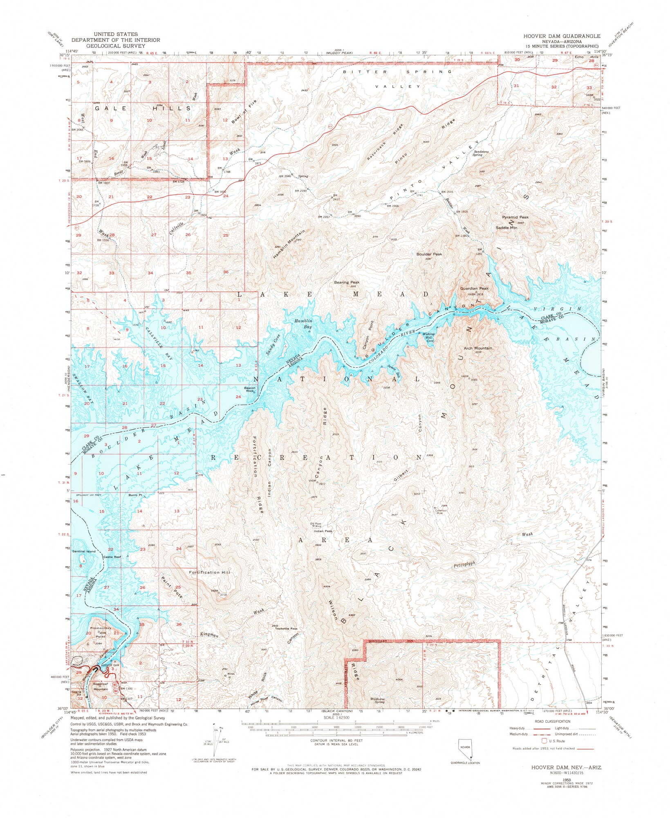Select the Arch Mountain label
click(477, 348)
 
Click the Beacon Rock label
click(250, 389)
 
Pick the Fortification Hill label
click(210, 572)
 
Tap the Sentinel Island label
click(84, 551)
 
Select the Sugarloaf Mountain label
click(100, 686)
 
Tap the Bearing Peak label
click(347, 282)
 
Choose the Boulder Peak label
click(429, 254)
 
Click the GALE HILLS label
click(143, 108)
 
